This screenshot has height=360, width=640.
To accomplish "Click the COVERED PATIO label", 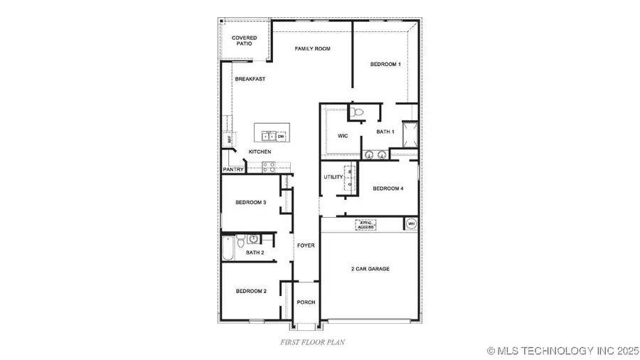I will click(244, 41).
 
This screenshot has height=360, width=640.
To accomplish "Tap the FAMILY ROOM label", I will click(313, 48).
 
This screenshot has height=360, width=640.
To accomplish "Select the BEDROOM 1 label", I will click(385, 65).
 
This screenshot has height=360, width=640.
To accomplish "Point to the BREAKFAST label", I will click(250, 79).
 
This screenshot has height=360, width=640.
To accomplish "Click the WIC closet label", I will click(342, 135).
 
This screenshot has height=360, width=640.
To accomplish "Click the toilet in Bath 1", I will click(358, 111).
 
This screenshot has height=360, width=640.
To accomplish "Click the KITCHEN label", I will click(260, 152).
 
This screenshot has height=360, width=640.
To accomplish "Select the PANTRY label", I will click(233, 170).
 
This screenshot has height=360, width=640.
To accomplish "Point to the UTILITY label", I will click(334, 177).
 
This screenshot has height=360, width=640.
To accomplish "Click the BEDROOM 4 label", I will click(388, 189).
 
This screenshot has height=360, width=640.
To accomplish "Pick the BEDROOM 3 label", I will click(250, 203).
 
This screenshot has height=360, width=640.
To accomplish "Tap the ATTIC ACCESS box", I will click(366, 225).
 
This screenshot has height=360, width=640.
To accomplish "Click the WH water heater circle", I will click(410, 224).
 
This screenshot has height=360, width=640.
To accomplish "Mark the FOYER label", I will click(306, 246).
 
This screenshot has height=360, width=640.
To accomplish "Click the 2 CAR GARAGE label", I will click(370, 269).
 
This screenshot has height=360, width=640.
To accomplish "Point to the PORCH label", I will click(306, 302).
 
